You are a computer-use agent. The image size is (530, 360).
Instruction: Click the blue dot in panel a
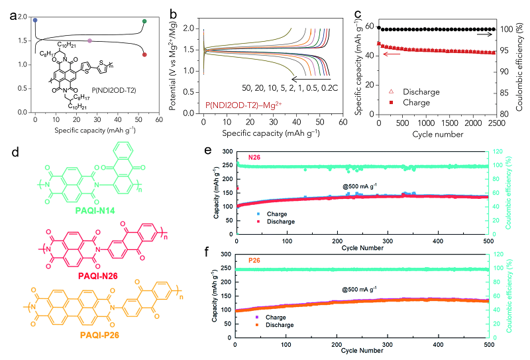coord(35,21)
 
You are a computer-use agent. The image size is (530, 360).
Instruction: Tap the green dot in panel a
coord(144,21)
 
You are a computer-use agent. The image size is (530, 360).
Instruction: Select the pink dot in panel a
coord(90,41)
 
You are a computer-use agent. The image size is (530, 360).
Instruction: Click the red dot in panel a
coord(144,55)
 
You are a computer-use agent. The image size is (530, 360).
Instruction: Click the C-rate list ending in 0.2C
coord(288,88)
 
